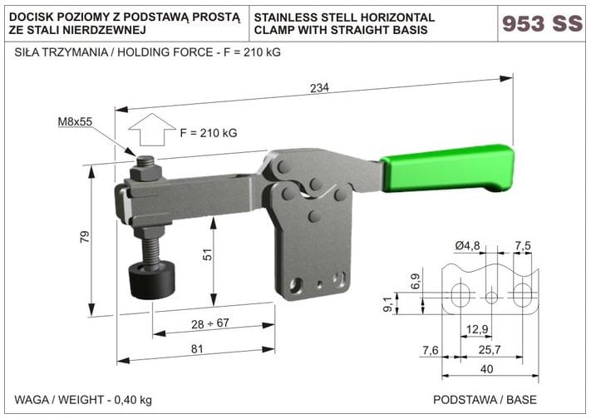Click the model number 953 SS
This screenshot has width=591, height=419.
tap(542, 23)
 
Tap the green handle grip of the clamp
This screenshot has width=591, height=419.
tap(448, 169)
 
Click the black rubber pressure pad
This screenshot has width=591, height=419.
tap(152, 279)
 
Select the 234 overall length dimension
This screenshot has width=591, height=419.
tap(319, 88)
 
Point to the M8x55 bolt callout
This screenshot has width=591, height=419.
tap(75, 121)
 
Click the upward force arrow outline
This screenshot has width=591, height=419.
tap(152, 130)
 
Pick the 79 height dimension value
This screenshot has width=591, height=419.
tap(85, 237)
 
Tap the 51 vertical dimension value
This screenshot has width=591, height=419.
tap(207, 255)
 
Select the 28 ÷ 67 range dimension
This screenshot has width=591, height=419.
tap(210, 323)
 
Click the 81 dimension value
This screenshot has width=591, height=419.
tap(197, 349)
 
